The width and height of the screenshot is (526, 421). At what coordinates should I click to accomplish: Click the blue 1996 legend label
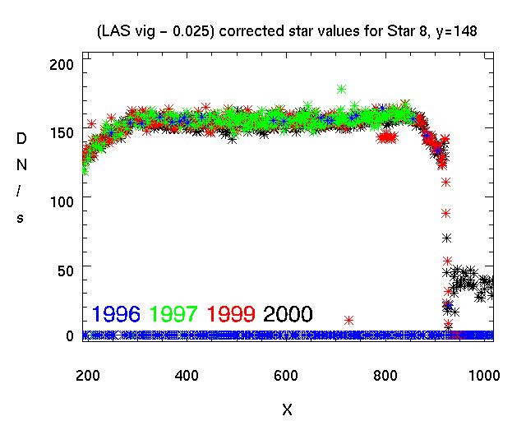(x=117, y=313)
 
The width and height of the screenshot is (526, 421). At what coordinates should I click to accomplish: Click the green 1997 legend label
(x=173, y=313)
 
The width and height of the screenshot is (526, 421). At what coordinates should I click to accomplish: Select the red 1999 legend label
(x=231, y=313)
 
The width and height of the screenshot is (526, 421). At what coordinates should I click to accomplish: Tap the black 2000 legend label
(x=288, y=313)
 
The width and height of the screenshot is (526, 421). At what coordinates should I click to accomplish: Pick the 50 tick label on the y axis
(x=66, y=268)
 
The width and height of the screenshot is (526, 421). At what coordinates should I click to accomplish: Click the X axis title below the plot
(x=287, y=409)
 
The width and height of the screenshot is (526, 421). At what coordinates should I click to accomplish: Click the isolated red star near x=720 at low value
(x=349, y=320)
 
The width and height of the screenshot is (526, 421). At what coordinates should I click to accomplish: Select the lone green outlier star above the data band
(x=341, y=89)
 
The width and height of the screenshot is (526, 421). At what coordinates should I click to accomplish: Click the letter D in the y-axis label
(x=21, y=140)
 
